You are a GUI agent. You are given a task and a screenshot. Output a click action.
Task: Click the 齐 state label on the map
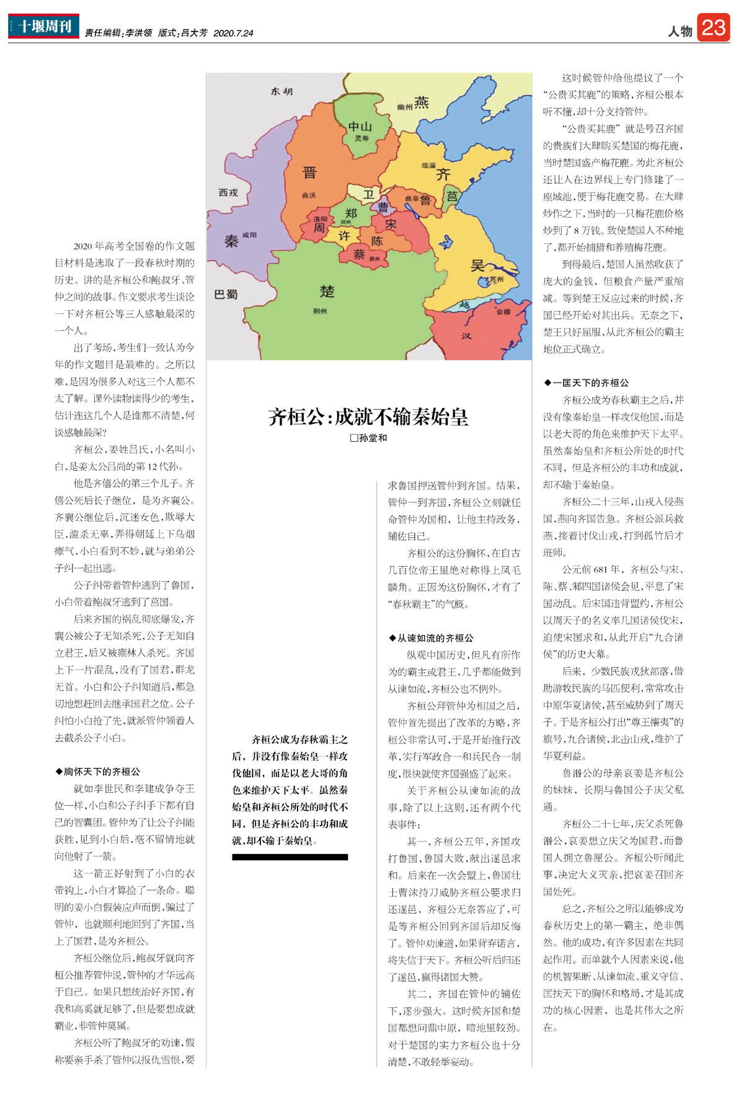pos(443,174)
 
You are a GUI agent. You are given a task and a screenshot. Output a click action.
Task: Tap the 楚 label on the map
pos(327,291)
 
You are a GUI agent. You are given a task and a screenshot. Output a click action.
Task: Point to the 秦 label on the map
pos(231,241)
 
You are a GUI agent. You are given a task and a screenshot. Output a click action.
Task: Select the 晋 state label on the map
pos(309,173)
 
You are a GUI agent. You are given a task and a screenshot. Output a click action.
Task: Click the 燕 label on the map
pos(421,102)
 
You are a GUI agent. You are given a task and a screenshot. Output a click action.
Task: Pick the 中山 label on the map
pos(360,127)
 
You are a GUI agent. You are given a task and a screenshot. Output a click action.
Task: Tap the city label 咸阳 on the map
pos(249,235)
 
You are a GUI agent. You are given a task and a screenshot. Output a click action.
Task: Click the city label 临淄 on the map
pos(428,166)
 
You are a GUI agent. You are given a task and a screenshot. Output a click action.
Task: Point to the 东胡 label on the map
pos(281,92)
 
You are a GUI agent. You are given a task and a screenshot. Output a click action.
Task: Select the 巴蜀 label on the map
pos(226,294)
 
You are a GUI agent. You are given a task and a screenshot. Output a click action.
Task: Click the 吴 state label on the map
pos(477,266)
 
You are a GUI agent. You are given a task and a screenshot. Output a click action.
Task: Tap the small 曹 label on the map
pos(384,207)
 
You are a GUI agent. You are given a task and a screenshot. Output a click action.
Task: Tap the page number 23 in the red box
pos(713,28)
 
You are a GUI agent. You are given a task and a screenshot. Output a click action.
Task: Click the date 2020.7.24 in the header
pos(233,33)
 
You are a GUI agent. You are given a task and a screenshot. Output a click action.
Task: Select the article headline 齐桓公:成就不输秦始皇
pos(368,417)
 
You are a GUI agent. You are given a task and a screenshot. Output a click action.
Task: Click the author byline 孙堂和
pos(369,438)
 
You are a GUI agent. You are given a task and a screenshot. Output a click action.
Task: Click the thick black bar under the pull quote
pos(290,857)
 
